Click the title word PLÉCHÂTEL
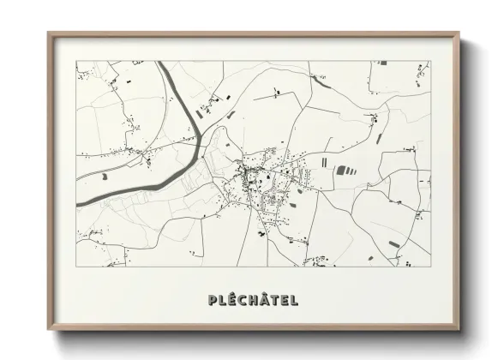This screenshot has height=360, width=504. point(252,300)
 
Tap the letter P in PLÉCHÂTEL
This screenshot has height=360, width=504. point(212,300)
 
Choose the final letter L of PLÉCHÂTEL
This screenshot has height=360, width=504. point(292,300)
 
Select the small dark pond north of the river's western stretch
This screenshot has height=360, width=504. point(104,177)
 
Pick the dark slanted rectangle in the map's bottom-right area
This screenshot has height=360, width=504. point(393,243)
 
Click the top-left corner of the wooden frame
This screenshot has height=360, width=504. point(49,34)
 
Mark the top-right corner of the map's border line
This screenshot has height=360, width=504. point(429,61)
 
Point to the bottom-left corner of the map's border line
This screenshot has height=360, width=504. point(76,267)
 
